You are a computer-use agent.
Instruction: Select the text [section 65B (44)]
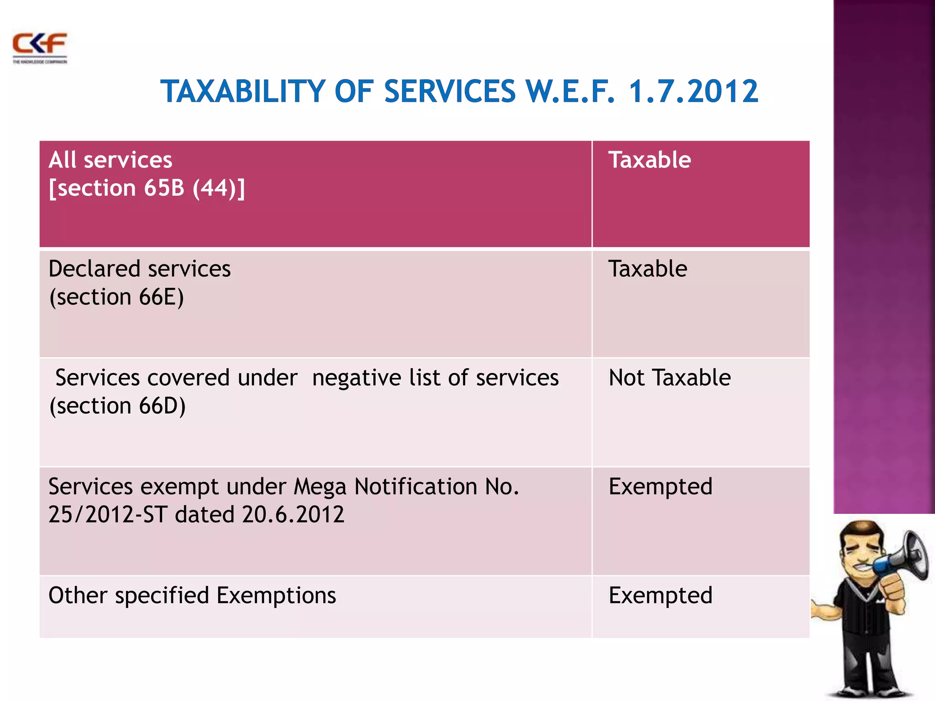tap(147, 188)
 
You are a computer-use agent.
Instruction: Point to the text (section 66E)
tap(117, 297)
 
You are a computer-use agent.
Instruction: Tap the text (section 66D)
tap(118, 406)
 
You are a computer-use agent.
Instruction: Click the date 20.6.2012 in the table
tap(293, 515)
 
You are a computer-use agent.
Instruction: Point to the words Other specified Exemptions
tap(192, 596)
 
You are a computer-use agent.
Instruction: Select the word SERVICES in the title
tap(450, 92)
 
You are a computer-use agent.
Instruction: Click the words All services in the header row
tap(110, 160)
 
